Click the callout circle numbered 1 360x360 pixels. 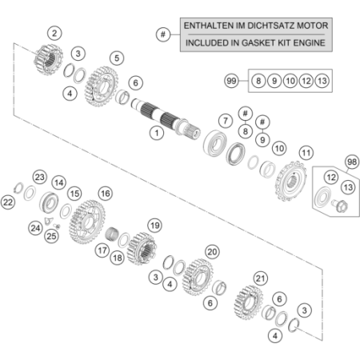(x=157, y=133)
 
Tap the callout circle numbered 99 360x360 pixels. (x=231, y=81)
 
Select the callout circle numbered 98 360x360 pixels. (x=352, y=162)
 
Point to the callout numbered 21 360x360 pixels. (x=260, y=278)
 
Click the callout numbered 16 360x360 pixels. (x=106, y=194)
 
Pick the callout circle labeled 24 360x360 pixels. (x=35, y=228)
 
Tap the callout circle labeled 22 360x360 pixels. (x=8, y=202)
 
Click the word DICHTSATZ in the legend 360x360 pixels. (x=271, y=26)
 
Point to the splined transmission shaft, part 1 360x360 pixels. (x=166, y=118)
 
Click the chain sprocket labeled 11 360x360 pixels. (x=290, y=181)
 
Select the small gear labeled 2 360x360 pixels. (x=48, y=60)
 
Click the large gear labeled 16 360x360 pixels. (x=87, y=222)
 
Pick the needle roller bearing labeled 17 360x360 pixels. (x=111, y=234)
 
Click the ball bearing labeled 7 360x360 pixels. (x=215, y=143)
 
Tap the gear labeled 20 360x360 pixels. (x=198, y=278)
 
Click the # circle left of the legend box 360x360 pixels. (x=163, y=34)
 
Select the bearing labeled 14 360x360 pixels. (x=49, y=202)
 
